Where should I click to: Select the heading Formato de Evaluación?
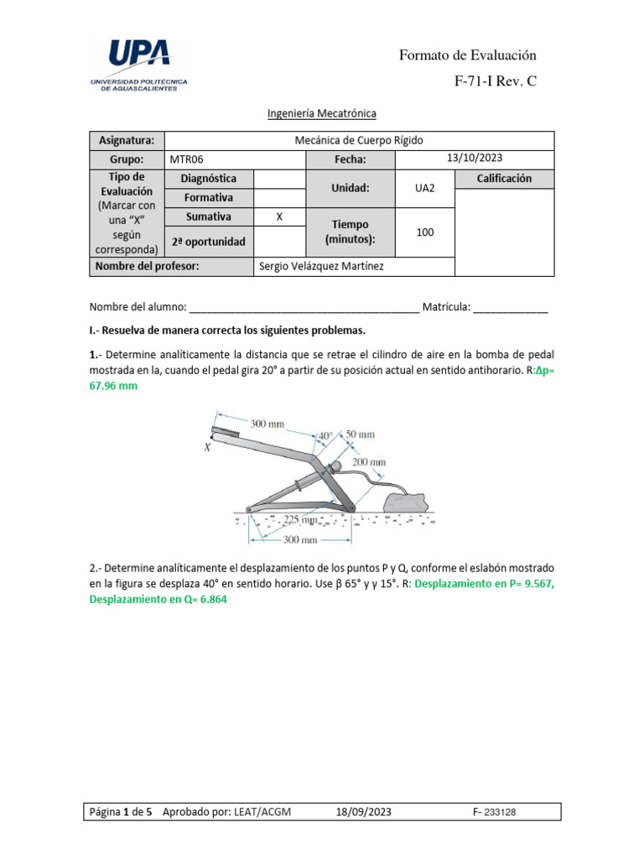click(467, 55)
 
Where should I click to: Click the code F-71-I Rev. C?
click(495, 82)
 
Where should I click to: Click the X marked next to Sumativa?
click(279, 216)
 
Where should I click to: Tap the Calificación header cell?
click(504, 179)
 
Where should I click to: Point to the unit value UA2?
click(425, 189)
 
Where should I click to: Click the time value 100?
click(425, 232)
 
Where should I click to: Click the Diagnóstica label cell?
click(209, 179)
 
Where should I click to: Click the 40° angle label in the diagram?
click(324, 436)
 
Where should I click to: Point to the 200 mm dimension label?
click(369, 462)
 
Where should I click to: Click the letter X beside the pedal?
click(207, 448)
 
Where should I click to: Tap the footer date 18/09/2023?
click(363, 812)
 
